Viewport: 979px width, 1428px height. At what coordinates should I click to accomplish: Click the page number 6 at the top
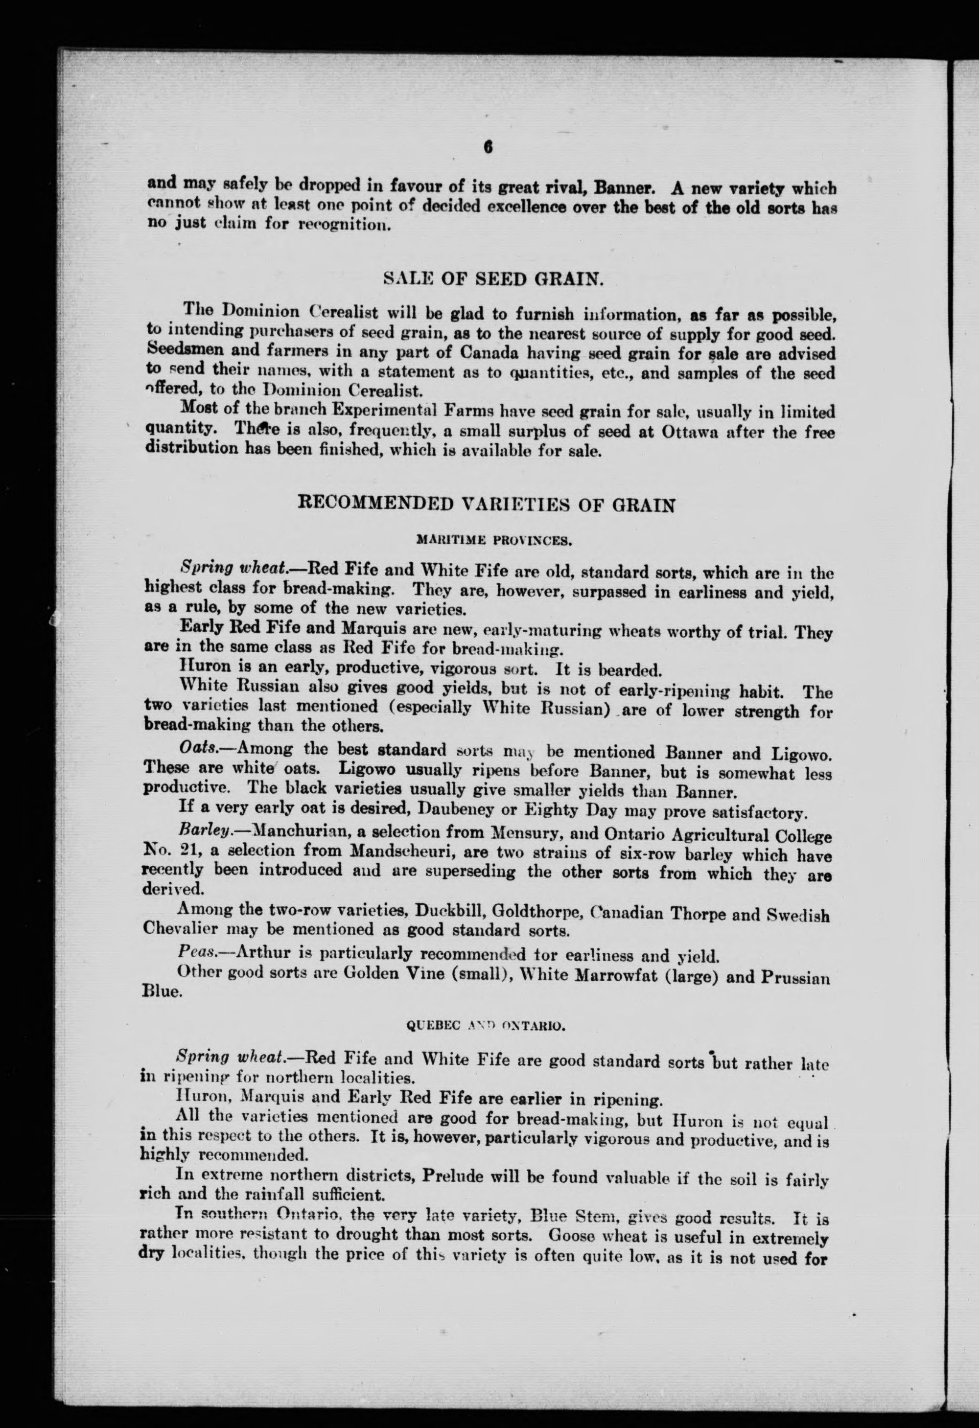tap(489, 147)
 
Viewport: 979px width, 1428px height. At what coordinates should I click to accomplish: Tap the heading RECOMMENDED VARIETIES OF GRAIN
tap(487, 505)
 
